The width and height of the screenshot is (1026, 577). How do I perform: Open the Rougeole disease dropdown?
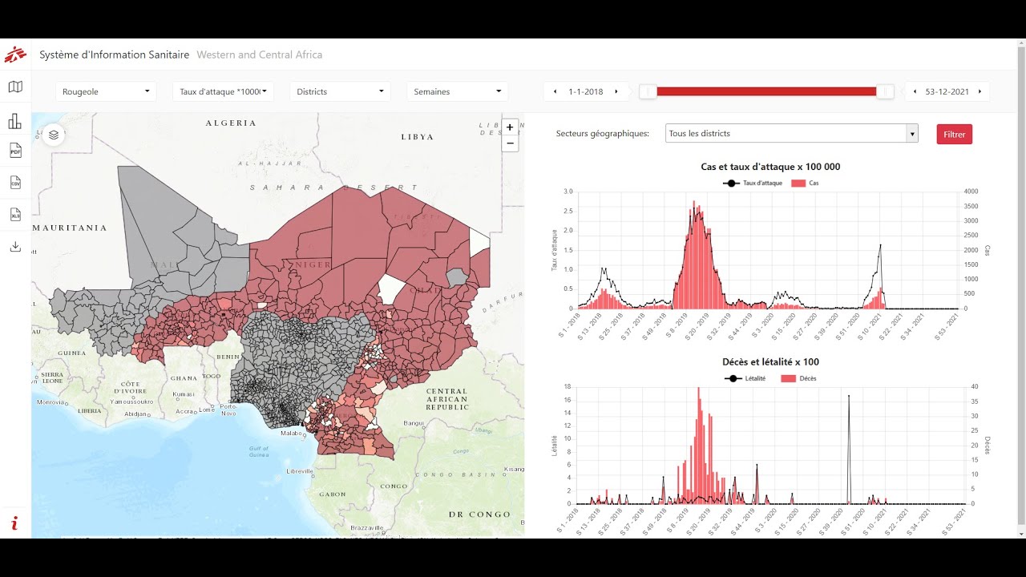click(x=106, y=91)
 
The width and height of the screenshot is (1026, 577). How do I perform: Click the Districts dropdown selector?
click(x=340, y=91)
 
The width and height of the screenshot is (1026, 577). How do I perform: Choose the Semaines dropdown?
click(x=457, y=91)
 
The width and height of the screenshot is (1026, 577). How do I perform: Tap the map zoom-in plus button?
click(x=510, y=127)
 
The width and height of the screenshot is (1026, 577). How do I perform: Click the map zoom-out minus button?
click(x=510, y=143)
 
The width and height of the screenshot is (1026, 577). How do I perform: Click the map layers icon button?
click(x=54, y=135)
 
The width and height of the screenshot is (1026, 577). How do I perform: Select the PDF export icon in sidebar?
click(x=15, y=151)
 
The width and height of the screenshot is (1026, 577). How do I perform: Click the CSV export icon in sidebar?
click(x=15, y=183)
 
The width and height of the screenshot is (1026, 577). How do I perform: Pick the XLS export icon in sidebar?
click(x=15, y=215)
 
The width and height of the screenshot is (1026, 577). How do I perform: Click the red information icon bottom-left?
click(x=14, y=523)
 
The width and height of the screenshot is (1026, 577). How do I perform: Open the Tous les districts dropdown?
click(x=791, y=134)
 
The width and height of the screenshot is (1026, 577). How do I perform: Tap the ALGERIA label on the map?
click(x=231, y=123)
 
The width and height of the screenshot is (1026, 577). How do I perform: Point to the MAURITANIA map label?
click(x=70, y=228)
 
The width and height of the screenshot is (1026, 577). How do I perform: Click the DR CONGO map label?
click(x=479, y=514)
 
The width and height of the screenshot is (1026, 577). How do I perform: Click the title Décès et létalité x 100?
click(x=770, y=362)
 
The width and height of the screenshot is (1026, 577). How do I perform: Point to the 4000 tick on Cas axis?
click(x=971, y=192)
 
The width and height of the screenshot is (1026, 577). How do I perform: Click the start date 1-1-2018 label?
click(x=585, y=91)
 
